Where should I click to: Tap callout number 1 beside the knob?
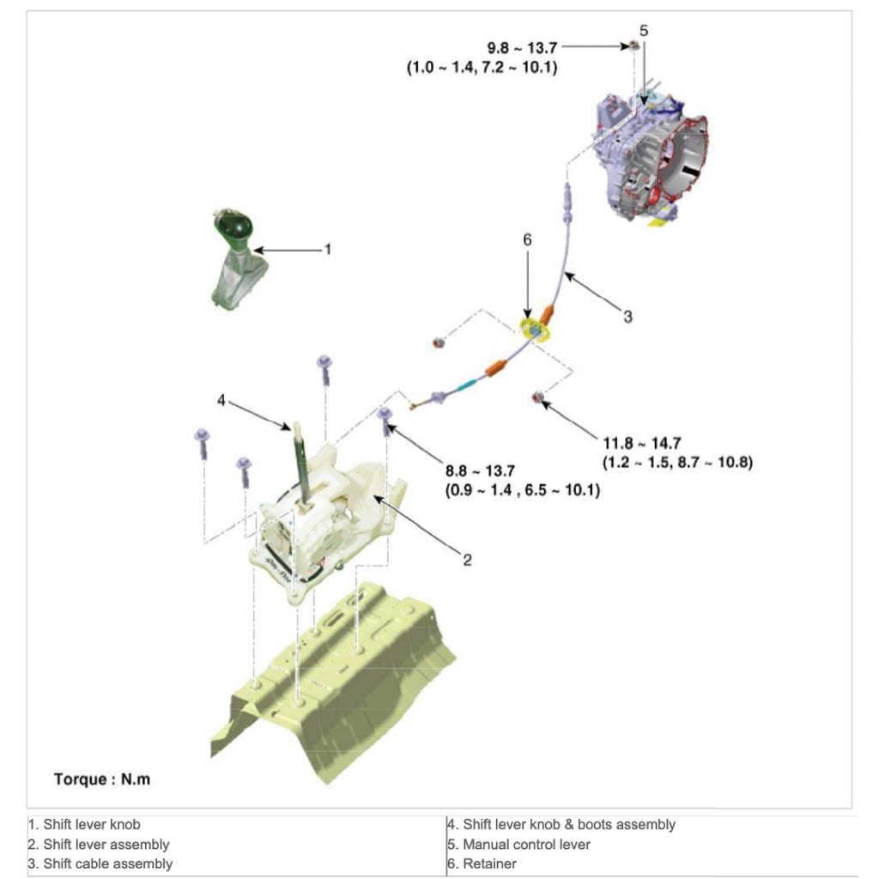[327, 249]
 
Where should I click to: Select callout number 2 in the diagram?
[467, 560]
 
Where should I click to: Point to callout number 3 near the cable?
[627, 317]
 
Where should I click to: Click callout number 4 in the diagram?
[221, 400]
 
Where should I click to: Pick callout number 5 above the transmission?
[644, 30]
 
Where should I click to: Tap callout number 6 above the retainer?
[527, 240]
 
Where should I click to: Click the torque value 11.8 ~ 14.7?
[642, 443]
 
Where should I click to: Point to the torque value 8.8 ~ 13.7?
[492, 470]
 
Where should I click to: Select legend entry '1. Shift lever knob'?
[84, 825]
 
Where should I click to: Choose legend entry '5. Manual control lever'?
[518, 845]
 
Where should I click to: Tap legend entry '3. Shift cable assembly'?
[100, 864]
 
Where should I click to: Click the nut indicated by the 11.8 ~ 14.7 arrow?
[538, 396]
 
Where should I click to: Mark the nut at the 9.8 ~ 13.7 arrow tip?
[633, 45]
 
